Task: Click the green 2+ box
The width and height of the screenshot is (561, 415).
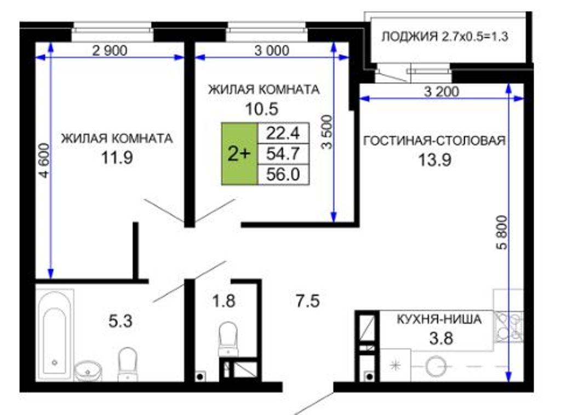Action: pos(239,154)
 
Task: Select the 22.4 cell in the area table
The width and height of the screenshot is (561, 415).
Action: pos(283,134)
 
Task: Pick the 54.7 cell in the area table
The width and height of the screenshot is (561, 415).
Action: pos(283,154)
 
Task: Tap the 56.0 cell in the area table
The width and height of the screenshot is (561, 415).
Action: pos(283,175)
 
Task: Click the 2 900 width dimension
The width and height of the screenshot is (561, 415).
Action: pos(110,51)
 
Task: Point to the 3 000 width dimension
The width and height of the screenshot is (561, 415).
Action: pos(272,51)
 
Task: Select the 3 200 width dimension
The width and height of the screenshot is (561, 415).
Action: pos(442,92)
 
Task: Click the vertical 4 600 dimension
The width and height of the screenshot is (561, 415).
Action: pos(44,160)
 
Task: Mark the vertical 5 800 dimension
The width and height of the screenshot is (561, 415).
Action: pos(502,232)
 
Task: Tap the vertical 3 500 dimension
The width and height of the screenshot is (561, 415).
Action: pos(327,132)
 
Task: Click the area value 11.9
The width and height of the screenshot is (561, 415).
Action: pos(117,157)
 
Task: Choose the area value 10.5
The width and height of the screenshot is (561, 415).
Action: pos(261,108)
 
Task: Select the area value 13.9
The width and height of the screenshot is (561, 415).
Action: pos(434,160)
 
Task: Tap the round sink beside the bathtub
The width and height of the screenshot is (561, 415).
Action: pos(88,371)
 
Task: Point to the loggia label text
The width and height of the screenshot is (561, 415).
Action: pos(445,37)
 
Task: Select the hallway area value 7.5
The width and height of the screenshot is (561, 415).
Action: pos(308,301)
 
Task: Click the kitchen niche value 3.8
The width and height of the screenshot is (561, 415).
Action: pos(441,338)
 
